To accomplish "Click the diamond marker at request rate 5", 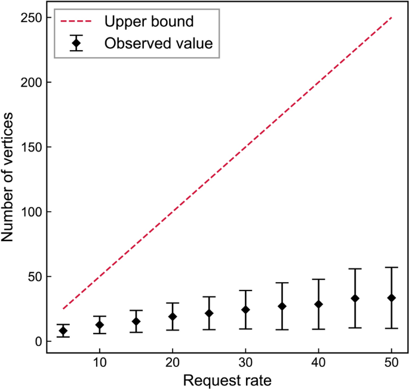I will (63, 331).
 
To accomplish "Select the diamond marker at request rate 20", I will (173, 317).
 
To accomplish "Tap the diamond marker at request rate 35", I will (282, 306).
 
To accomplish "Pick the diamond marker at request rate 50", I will (391, 298).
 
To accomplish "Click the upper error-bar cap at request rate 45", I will (355, 269).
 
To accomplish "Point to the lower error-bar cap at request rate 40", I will (318, 329).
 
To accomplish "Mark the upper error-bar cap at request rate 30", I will (245, 291).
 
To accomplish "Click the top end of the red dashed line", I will (391, 18).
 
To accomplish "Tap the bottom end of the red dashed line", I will (63, 309).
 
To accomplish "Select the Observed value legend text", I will (158, 43).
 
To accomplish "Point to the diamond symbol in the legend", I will (76, 43).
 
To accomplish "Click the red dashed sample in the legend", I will (76, 22).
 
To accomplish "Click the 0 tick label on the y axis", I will (38, 341).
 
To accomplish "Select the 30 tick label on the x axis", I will (245, 363).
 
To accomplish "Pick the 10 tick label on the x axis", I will (100, 363).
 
